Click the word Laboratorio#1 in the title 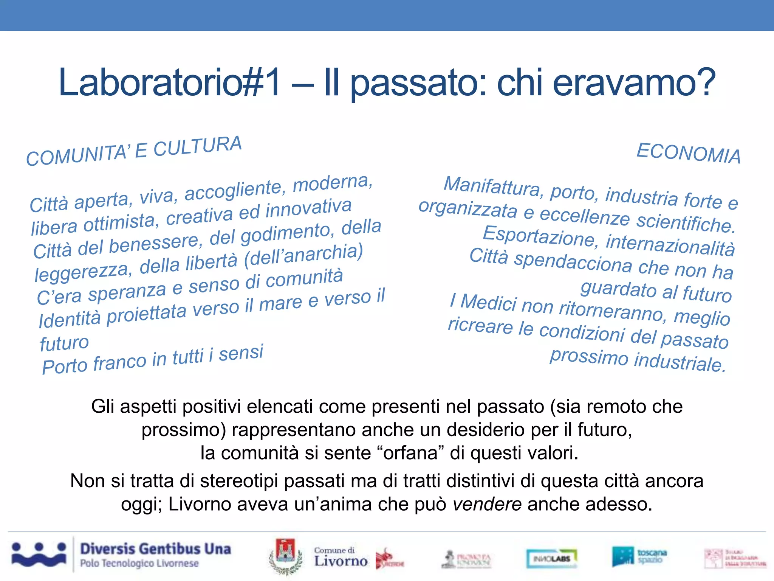(x=170, y=83)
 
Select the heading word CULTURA (x=197, y=146)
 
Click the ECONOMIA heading (x=688, y=154)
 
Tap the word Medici (x=489, y=303)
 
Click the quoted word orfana (x=410, y=453)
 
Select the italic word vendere (x=487, y=504)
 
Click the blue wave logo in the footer (x=39, y=555)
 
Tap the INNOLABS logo (x=551, y=558)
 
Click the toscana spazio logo (x=639, y=556)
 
